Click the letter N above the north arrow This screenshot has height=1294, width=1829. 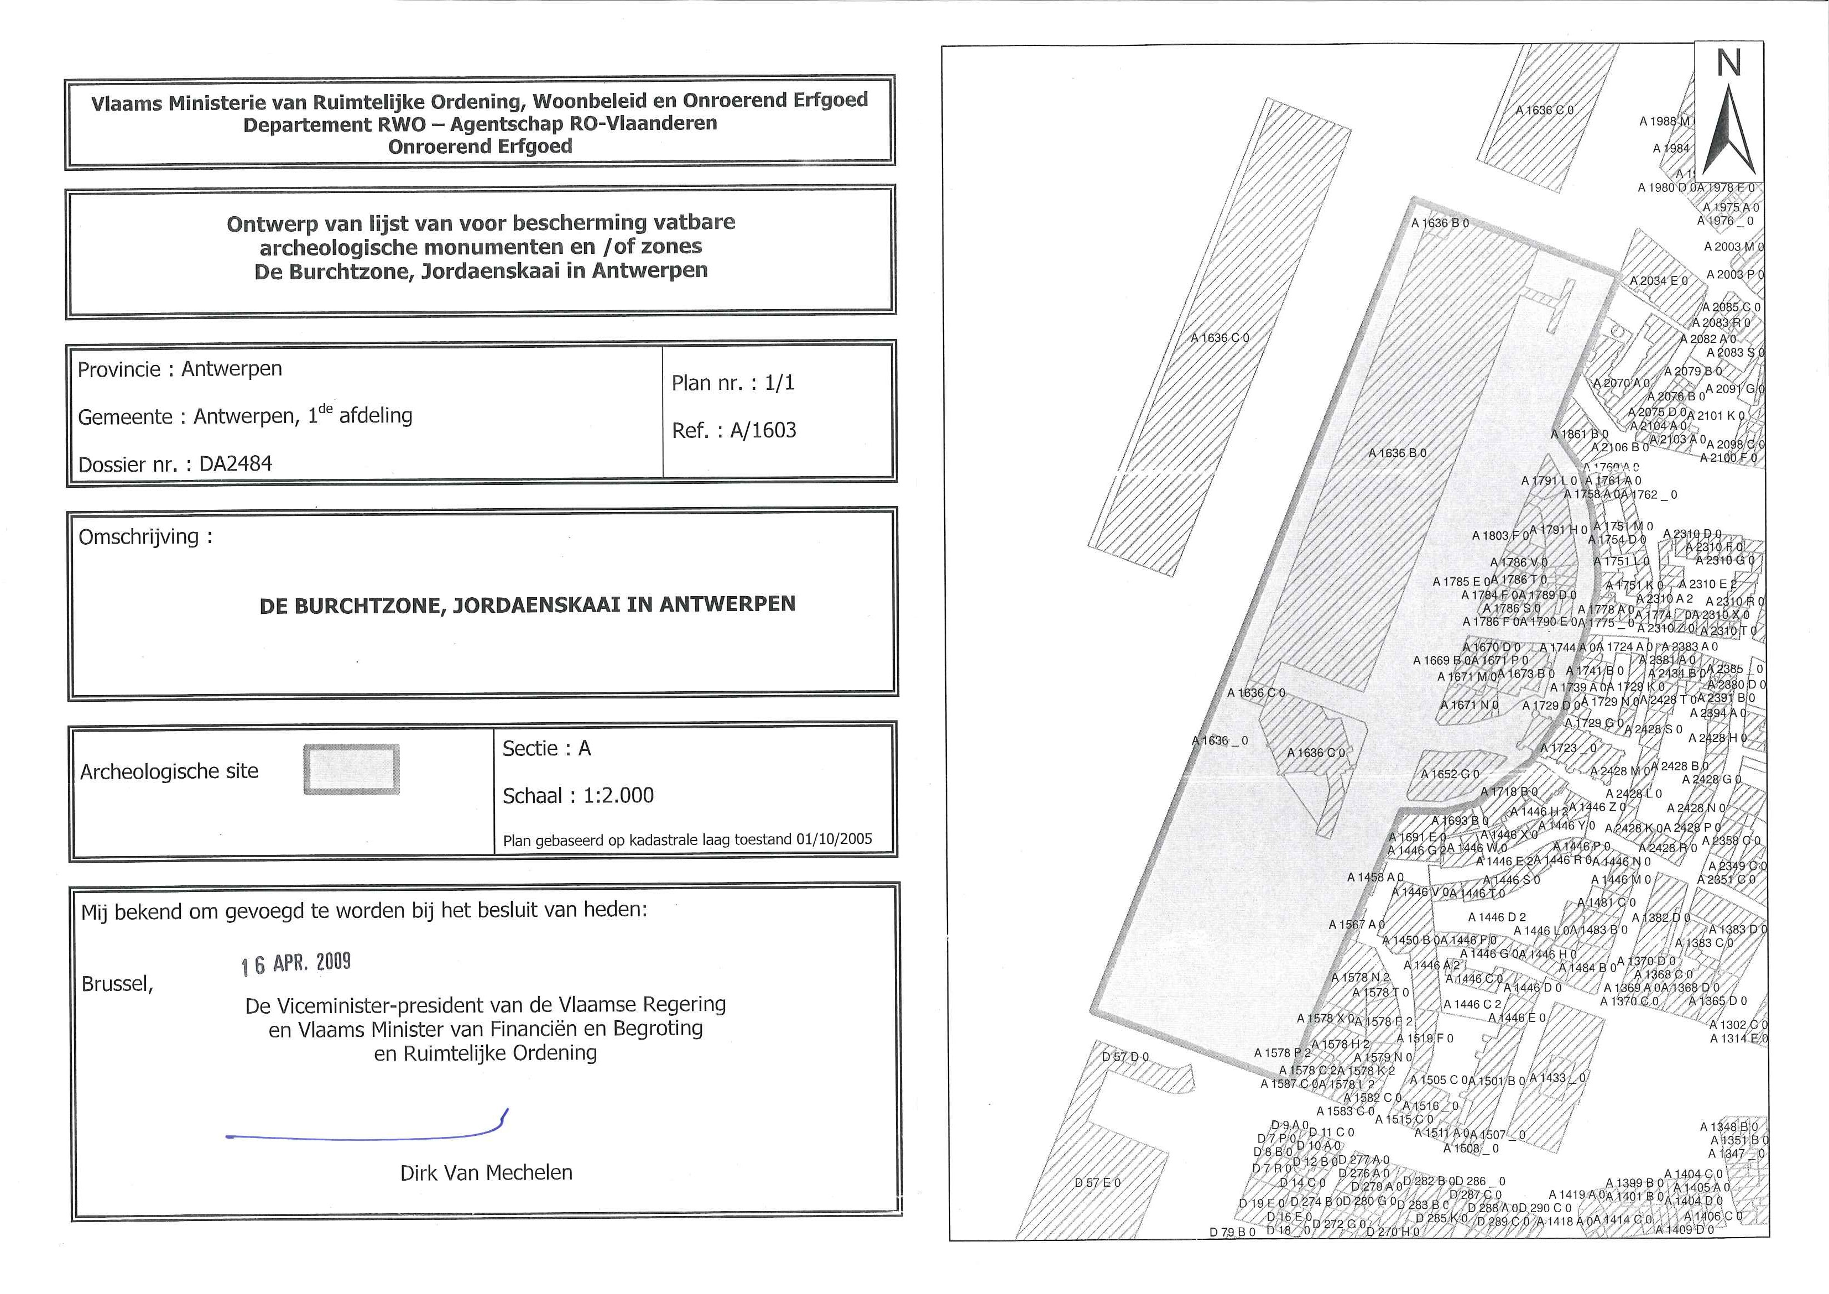pyautogui.click(x=1728, y=63)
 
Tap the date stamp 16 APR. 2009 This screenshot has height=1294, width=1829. pyautogui.click(x=296, y=963)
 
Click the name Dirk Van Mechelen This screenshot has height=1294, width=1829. pyautogui.click(x=486, y=1173)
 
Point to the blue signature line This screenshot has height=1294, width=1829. pyautogui.click(x=367, y=1133)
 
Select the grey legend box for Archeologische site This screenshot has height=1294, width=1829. pyautogui.click(x=351, y=769)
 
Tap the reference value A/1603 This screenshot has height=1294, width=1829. pyautogui.click(x=763, y=430)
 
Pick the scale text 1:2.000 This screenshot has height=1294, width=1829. pyautogui.click(x=618, y=795)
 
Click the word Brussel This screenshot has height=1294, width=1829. pyautogui.click(x=117, y=984)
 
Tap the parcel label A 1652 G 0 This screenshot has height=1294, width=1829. pyautogui.click(x=1450, y=774)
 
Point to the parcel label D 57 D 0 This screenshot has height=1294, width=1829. pyautogui.click(x=1125, y=1057)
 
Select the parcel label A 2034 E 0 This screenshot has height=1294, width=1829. pyautogui.click(x=1659, y=280)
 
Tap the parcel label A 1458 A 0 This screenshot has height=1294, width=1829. pyautogui.click(x=1375, y=876)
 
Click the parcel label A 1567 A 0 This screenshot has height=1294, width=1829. pyautogui.click(x=1357, y=924)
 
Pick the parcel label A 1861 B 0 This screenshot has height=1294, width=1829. pyautogui.click(x=1579, y=434)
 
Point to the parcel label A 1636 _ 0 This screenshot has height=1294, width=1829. pyautogui.click(x=1220, y=740)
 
